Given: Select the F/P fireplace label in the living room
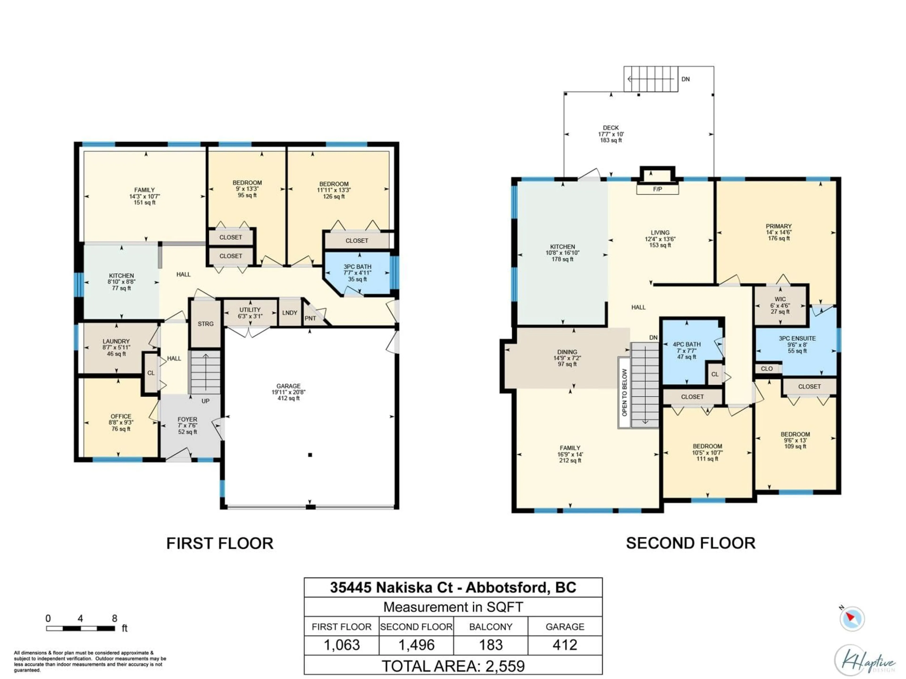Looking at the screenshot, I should pyautogui.click(x=657, y=189).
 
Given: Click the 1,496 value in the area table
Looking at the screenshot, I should pyautogui.click(x=416, y=645).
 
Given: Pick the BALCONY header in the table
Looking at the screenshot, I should pyautogui.click(x=491, y=627).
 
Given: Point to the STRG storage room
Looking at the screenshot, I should pyautogui.click(x=206, y=324).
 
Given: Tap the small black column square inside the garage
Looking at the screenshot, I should pyautogui.click(x=310, y=455).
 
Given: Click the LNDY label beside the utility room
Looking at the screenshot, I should pyautogui.click(x=289, y=313).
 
